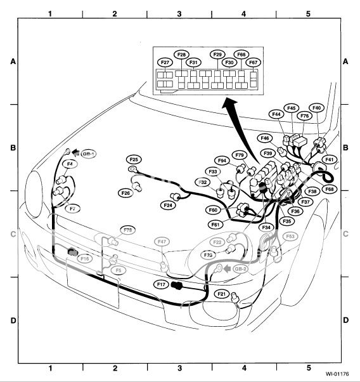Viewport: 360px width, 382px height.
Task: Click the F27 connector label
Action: [x=165, y=62]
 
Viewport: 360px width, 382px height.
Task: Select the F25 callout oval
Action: [x=134, y=159]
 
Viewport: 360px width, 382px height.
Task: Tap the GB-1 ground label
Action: [x=88, y=154]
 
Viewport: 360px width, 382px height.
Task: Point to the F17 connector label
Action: [x=161, y=285]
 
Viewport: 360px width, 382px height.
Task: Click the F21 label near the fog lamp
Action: [x=222, y=294]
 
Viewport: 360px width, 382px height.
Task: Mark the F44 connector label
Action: [x=276, y=114]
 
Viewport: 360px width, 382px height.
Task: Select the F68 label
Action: [x=329, y=189]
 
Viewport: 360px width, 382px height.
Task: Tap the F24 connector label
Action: [x=168, y=205]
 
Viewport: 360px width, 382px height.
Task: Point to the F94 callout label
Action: [x=222, y=161]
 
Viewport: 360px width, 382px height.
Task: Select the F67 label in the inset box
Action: [x=254, y=62]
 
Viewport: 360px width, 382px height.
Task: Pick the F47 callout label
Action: [x=162, y=242]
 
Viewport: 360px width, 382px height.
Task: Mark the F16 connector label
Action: [x=85, y=259]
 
